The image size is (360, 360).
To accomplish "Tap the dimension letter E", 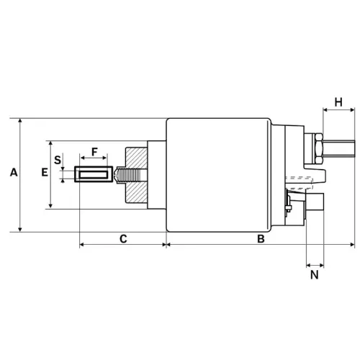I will [45, 173].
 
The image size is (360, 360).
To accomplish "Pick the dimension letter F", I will [94, 152].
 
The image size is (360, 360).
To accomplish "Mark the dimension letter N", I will [315, 274].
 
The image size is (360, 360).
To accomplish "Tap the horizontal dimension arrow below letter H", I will [338, 110].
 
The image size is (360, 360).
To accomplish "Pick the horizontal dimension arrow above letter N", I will [315, 264].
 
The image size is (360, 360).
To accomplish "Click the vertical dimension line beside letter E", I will [51, 174].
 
